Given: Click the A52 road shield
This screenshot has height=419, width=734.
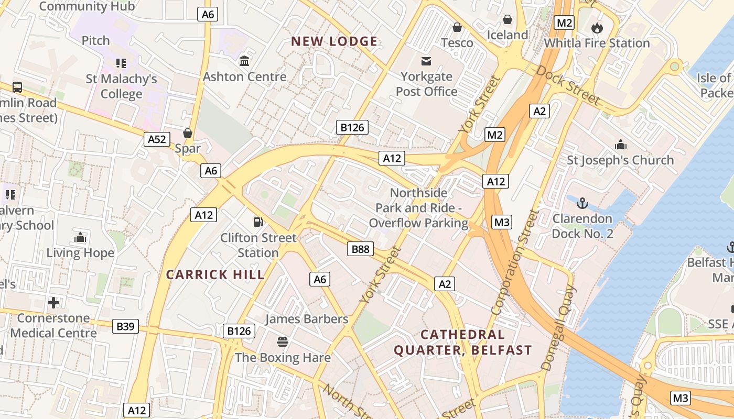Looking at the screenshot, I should pyautogui.click(x=157, y=139).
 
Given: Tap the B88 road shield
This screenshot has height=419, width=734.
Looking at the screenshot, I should pyautogui.click(x=360, y=249).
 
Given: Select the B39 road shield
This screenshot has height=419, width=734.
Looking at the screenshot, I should pyautogui.click(x=125, y=327).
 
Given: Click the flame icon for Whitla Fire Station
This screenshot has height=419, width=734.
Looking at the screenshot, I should pyautogui.click(x=597, y=28).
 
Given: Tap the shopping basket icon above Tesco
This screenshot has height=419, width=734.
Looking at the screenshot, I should pyautogui.click(x=457, y=27).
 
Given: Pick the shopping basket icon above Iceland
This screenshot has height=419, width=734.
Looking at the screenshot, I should pyautogui.click(x=508, y=20).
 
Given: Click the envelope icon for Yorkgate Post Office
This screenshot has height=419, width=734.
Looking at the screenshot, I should pyautogui.click(x=426, y=61).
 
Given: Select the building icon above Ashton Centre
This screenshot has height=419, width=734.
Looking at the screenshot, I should pyautogui.click(x=244, y=61).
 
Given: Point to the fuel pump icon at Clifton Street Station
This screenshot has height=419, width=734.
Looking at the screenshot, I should pyautogui.click(x=258, y=222).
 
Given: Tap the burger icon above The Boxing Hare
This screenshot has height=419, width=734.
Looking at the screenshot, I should pyautogui.click(x=283, y=342).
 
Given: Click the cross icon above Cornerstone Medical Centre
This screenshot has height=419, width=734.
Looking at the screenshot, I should pyautogui.click(x=53, y=303).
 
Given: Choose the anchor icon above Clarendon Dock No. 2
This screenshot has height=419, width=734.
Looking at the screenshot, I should pyautogui.click(x=582, y=203).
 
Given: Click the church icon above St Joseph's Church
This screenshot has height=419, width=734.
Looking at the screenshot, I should pyautogui.click(x=621, y=145).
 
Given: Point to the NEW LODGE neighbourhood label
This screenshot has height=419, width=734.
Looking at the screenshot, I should pyautogui.click(x=334, y=41).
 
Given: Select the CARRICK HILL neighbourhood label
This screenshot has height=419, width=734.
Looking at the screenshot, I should pyautogui.click(x=215, y=274).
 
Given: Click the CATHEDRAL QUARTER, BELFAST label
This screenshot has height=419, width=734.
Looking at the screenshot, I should pyautogui.click(x=463, y=342).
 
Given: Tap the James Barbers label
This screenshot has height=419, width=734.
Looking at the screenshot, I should pyautogui.click(x=307, y=319).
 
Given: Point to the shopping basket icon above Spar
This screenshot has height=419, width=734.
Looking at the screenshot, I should pyautogui.click(x=188, y=133).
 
